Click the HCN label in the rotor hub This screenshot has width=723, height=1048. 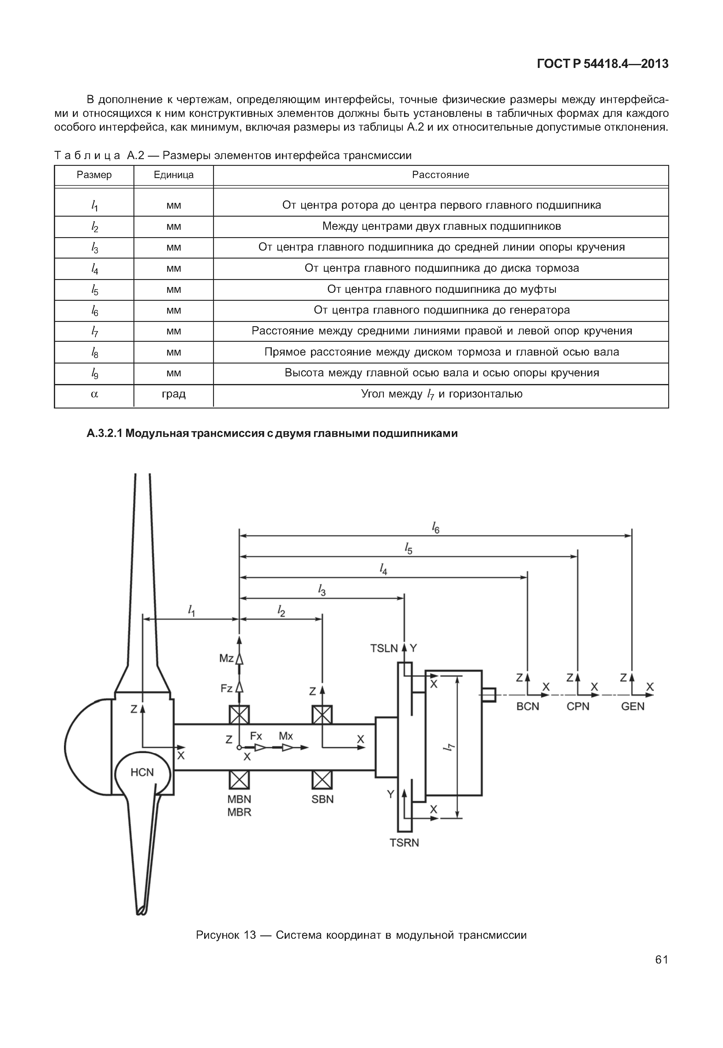pos(142,772)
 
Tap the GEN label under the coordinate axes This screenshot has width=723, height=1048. pos(632,707)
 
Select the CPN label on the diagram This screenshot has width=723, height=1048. pos(578,707)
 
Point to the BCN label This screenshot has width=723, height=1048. pos(528,707)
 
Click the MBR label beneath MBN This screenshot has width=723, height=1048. pos(239,812)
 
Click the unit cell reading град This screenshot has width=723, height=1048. pos(174,394)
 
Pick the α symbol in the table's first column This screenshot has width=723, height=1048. pos(94,394)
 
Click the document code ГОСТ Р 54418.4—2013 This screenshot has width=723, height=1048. pos(602,64)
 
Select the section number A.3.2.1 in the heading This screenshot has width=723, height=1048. pos(105,433)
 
